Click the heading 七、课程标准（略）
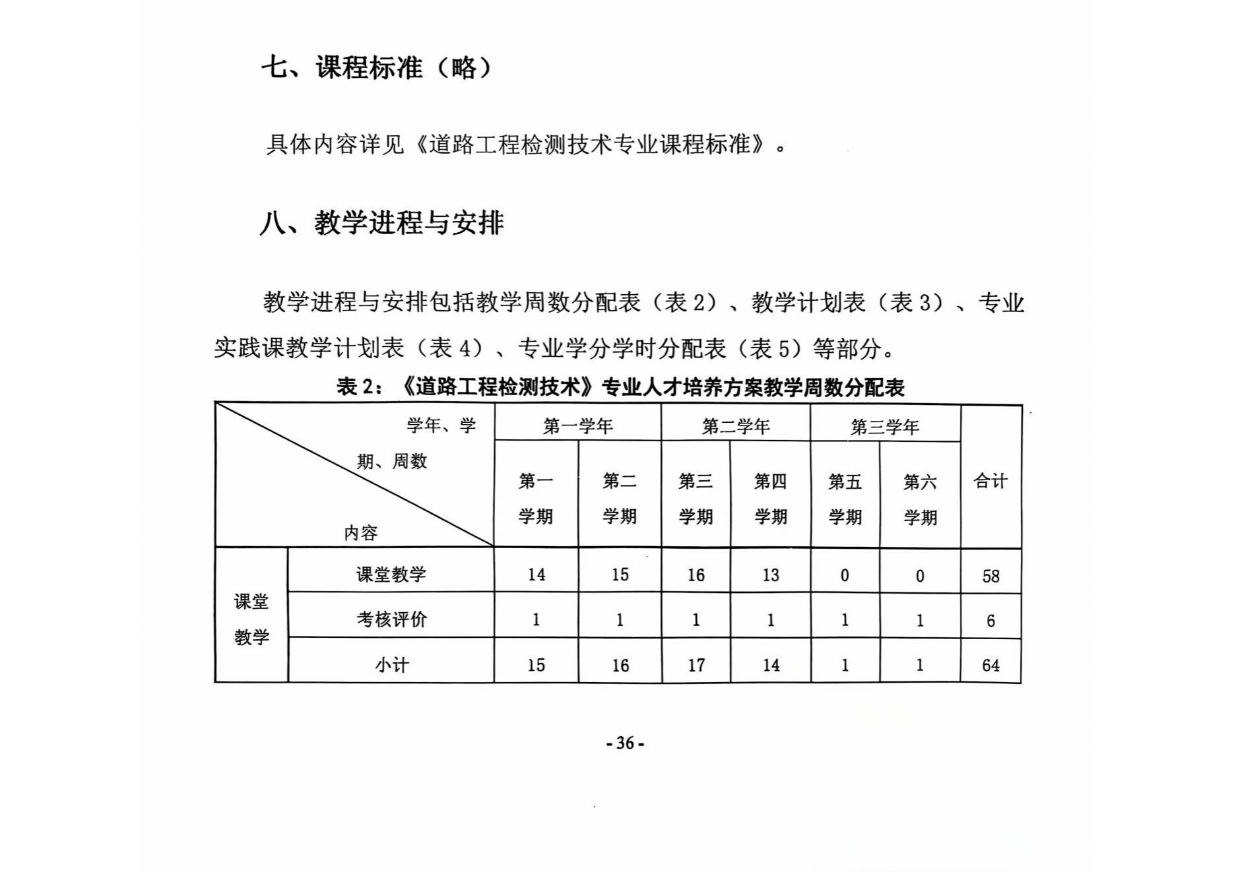[x=377, y=67]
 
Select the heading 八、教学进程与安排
[x=381, y=223]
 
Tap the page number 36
[x=625, y=743]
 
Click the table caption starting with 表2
[x=620, y=387]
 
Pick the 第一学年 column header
[x=577, y=426]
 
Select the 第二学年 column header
[x=735, y=427]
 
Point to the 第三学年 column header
[x=884, y=427]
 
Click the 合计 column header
[x=990, y=481]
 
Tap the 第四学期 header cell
[x=770, y=499]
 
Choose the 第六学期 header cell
[x=920, y=499]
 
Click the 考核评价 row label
[x=391, y=619]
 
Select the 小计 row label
[x=391, y=665]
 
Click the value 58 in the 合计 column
[x=990, y=576]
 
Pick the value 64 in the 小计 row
[x=990, y=666]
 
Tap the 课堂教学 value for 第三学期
[x=696, y=575]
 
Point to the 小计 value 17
[x=696, y=666]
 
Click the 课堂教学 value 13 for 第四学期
[x=771, y=575]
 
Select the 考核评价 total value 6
[x=990, y=621]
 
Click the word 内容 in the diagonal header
[x=360, y=533]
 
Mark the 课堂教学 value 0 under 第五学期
[x=845, y=576]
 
